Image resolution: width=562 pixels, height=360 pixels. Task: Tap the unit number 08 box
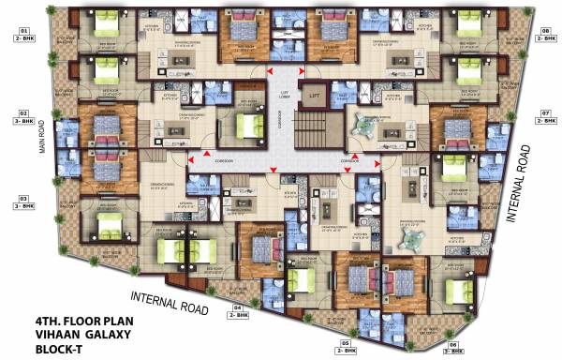(544, 32)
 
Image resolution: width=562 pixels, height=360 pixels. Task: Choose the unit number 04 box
(237, 307)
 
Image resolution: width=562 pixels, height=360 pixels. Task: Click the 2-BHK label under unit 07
(544, 122)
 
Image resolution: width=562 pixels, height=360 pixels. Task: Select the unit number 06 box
(453, 344)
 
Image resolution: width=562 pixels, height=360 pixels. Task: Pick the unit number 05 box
(347, 344)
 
